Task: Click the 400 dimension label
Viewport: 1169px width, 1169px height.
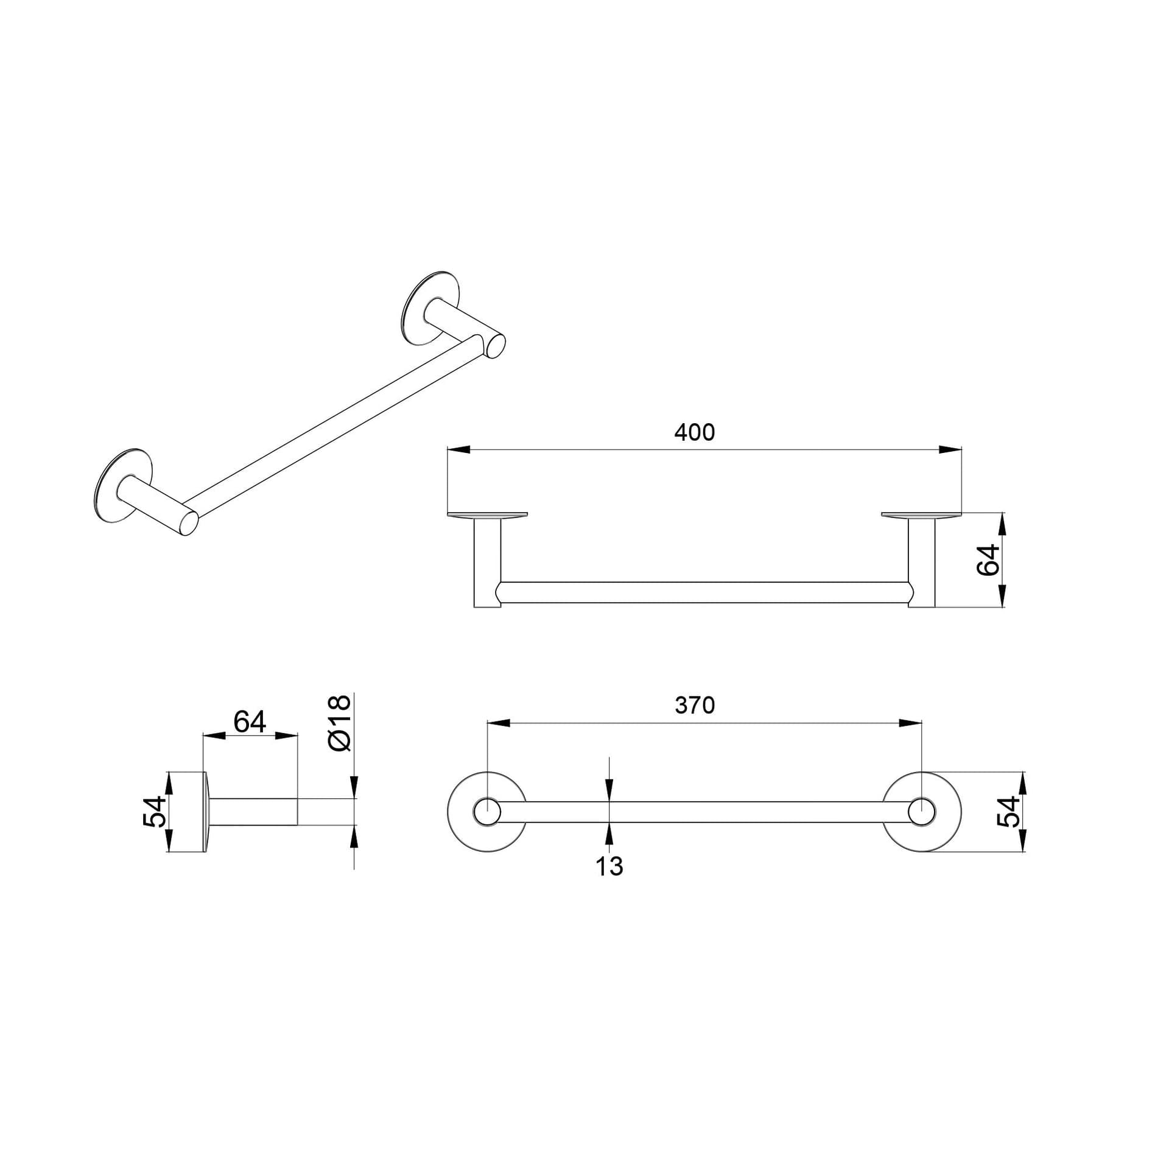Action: point(694,432)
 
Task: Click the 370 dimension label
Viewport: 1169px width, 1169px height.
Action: point(694,705)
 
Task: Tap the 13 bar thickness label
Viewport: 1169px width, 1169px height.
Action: point(609,866)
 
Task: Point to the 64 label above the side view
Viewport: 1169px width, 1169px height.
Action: point(250,722)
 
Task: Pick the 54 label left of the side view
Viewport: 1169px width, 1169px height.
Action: point(154,812)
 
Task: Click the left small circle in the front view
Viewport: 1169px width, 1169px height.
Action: point(487,812)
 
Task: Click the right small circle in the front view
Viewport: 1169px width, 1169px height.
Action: point(922,812)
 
